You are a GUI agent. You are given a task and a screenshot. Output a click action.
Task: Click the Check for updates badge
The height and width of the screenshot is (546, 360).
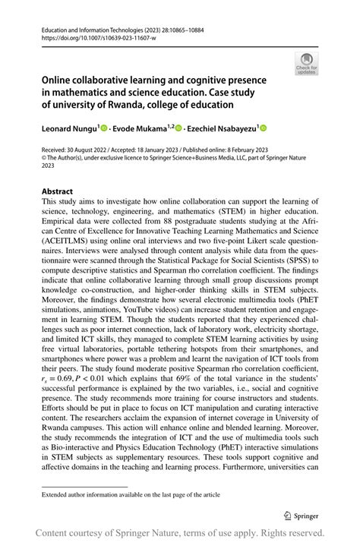(307, 63)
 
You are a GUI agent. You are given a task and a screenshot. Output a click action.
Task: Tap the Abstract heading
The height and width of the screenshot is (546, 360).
(58, 191)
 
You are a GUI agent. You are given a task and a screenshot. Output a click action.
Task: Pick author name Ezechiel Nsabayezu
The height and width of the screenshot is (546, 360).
(220, 130)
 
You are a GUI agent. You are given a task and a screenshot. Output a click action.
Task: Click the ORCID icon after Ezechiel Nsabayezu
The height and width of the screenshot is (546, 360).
(264, 130)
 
